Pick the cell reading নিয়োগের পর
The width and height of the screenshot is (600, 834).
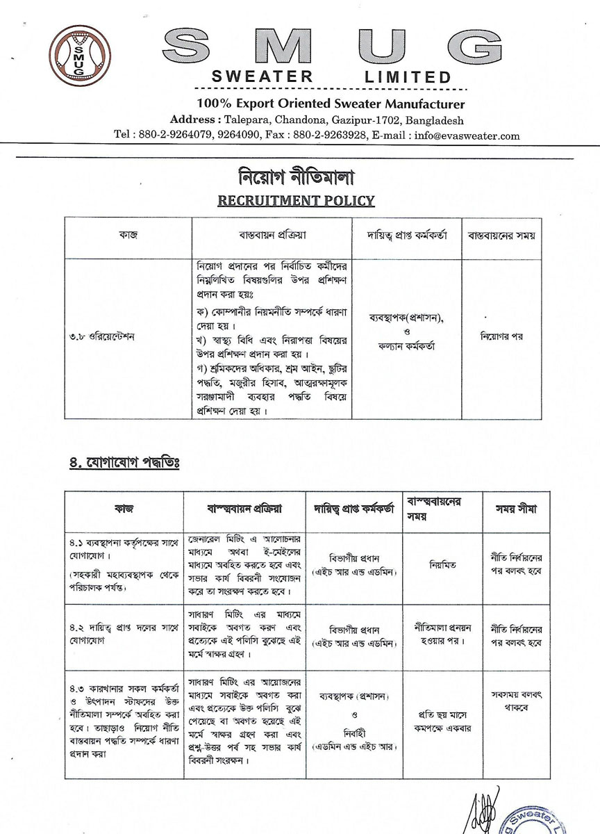tap(501, 336)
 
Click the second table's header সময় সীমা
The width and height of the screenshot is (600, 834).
tap(515, 509)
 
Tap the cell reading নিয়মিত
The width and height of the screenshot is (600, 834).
tap(442, 566)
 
